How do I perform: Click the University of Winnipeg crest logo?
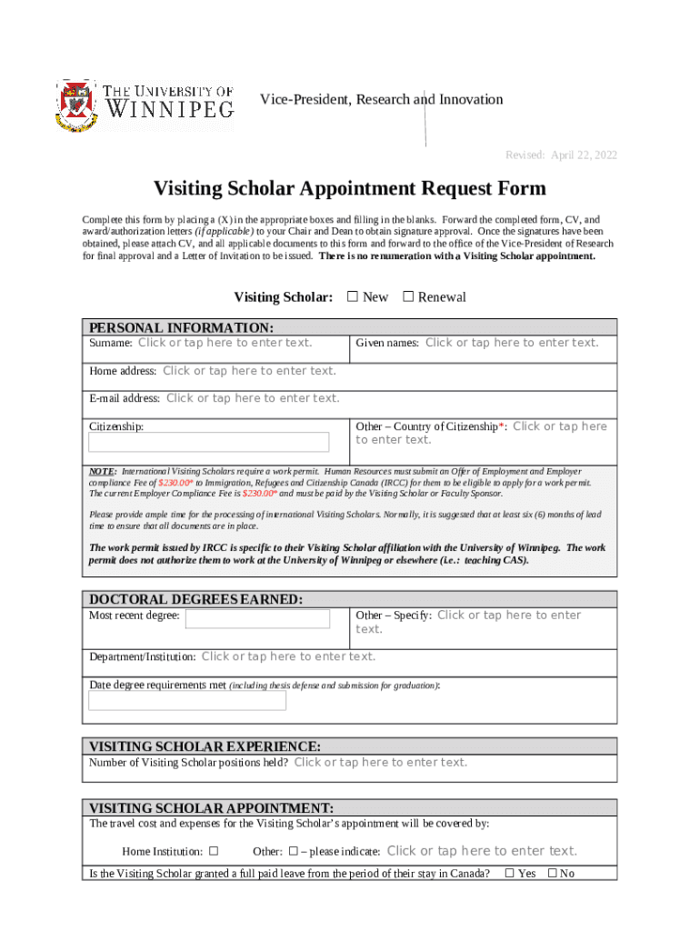[x=75, y=105]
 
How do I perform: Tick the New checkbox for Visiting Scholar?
[x=354, y=296]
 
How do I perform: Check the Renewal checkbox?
[x=408, y=296]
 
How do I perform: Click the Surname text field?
[x=225, y=343]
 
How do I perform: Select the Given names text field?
[x=512, y=343]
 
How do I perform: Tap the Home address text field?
[x=249, y=371]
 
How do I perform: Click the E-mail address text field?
[x=253, y=398]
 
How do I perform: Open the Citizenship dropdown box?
[x=208, y=443]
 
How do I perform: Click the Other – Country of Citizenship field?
[x=559, y=427]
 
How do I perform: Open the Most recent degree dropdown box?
[x=257, y=619]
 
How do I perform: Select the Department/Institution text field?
[x=288, y=656]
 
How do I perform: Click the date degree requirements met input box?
[x=187, y=700]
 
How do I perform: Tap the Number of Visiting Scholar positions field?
[x=380, y=763]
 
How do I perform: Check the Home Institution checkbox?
[x=214, y=852]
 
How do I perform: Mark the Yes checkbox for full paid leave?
[x=509, y=874]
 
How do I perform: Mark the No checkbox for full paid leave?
[x=552, y=874]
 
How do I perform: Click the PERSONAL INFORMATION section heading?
[x=180, y=327]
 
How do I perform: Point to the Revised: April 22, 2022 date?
[x=561, y=155]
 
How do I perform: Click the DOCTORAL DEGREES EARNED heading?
[x=195, y=599]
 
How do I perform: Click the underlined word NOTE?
[x=102, y=472]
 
